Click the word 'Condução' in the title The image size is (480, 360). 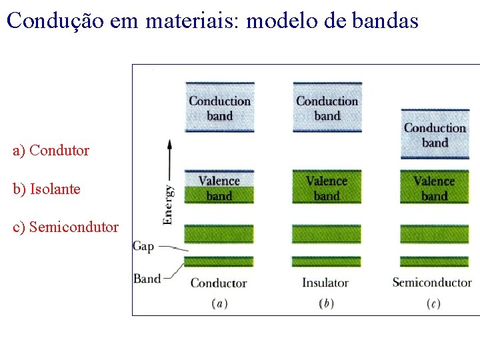pos(50,21)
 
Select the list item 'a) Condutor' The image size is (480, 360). pos(51,151)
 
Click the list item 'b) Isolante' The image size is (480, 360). pos(47,189)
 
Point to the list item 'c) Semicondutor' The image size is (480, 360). pos(65,227)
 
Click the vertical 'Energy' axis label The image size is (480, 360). pos(169,204)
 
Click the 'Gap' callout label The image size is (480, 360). pos(143,246)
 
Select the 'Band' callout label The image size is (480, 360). pos(147,278)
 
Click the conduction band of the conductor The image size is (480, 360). pos(219,107)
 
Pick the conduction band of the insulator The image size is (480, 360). pos(327,107)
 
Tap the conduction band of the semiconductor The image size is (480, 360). pos(435,135)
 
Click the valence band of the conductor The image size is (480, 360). pos(219,187)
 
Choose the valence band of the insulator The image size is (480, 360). pos(327,187)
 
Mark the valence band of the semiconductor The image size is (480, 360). pos(435,187)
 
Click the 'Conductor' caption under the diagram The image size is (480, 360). pos(219,283)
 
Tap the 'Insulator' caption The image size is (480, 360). pos(325,283)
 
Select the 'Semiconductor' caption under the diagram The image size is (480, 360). pos(432,283)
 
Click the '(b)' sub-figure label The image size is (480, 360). pos(326,304)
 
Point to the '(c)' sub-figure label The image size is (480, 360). pos(433,304)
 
